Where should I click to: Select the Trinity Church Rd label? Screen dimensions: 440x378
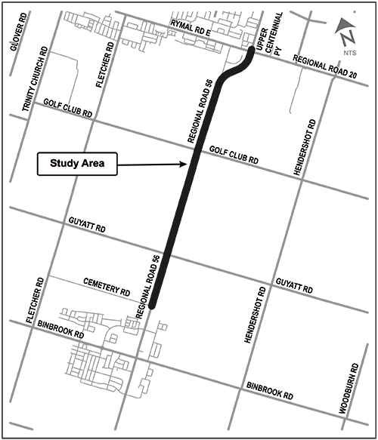point(35,79)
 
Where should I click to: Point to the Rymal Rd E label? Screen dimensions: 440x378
point(191,28)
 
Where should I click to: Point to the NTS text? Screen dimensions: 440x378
point(349,53)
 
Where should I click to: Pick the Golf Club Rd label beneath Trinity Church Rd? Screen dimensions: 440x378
point(67,107)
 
